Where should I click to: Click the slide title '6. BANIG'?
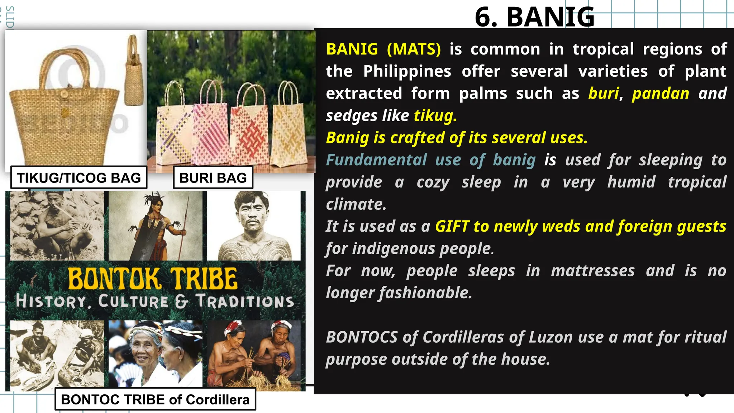pyautogui.click(x=534, y=17)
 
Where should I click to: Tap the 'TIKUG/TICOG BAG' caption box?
pyautogui.click(x=79, y=177)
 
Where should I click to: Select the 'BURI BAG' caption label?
pyautogui.click(x=213, y=177)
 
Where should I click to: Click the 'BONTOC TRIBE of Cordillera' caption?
pyautogui.click(x=155, y=399)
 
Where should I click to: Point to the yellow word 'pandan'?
pyautogui.click(x=660, y=94)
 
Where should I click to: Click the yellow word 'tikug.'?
pyautogui.click(x=435, y=116)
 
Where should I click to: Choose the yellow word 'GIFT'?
pyautogui.click(x=452, y=227)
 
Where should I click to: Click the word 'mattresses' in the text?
pyautogui.click(x=593, y=271)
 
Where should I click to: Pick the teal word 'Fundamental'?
pyautogui.click(x=376, y=160)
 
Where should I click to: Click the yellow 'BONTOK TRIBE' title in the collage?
pyautogui.click(x=153, y=279)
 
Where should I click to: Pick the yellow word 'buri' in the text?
pyautogui.click(x=604, y=94)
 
